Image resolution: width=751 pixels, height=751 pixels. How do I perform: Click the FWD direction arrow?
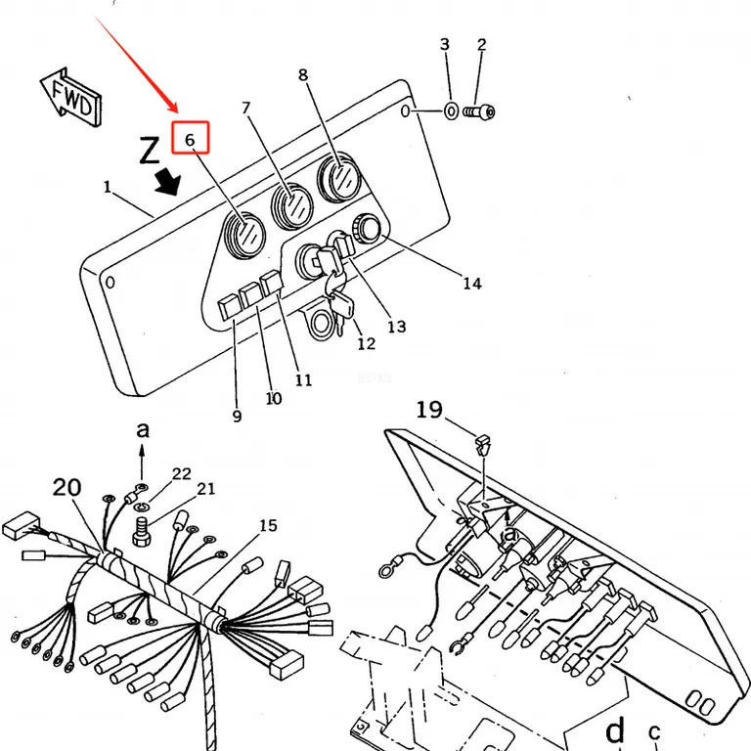70,98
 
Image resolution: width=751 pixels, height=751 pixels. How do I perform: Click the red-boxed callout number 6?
190,140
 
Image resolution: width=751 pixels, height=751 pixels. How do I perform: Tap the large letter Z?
150,150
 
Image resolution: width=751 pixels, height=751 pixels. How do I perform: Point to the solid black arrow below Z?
168,182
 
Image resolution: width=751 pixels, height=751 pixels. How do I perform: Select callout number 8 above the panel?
303,75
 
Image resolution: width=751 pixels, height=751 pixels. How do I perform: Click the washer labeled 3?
452,111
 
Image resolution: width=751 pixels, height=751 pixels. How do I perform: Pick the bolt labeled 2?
479,112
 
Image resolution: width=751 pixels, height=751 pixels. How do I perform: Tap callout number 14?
472,284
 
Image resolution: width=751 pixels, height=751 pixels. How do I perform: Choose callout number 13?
397,327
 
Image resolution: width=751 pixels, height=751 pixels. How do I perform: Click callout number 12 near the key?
367,343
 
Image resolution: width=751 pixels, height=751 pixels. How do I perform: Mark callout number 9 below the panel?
237,416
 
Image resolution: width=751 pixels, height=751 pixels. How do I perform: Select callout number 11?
303,379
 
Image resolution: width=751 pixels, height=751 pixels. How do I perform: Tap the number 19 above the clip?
429,410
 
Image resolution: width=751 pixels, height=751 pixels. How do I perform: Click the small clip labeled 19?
483,445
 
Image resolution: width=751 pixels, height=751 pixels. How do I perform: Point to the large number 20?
66,488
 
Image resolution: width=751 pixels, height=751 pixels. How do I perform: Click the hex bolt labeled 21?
142,533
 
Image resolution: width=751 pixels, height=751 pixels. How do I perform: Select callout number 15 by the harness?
268,525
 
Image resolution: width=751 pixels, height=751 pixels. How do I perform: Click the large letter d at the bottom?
615,731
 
